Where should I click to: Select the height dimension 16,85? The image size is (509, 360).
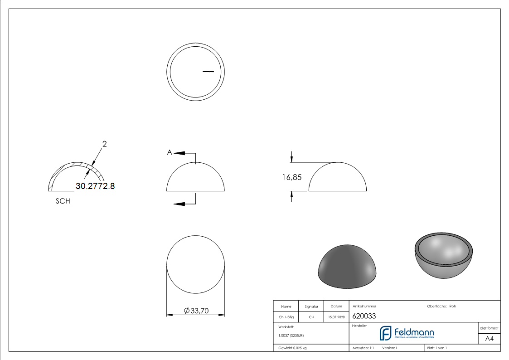pyautogui.click(x=291, y=177)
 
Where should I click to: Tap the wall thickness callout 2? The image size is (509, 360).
pyautogui.click(x=104, y=144)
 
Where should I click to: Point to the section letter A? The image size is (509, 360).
pyautogui.click(x=170, y=153)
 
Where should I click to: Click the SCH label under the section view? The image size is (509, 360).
pyautogui.click(x=63, y=201)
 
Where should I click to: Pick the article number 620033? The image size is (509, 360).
pyautogui.click(x=364, y=316)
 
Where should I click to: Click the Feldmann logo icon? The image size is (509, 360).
pyautogui.click(x=385, y=333)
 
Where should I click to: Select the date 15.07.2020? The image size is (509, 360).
pyautogui.click(x=336, y=317)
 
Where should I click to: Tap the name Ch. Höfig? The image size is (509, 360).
pyautogui.click(x=286, y=317)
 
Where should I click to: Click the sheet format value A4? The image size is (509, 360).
pyautogui.click(x=490, y=338)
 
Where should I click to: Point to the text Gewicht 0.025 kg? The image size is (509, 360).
pyautogui.click(x=292, y=348)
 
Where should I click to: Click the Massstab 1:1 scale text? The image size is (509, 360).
pyautogui.click(x=363, y=348)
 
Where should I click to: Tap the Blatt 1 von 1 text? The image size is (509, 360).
pyautogui.click(x=437, y=348)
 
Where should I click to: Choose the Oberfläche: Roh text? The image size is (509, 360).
pyautogui.click(x=441, y=306)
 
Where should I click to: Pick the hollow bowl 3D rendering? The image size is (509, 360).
pyautogui.click(x=444, y=256)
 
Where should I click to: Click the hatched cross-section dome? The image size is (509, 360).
pyautogui.click(x=77, y=175)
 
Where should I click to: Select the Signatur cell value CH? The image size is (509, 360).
pyautogui.click(x=311, y=317)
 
